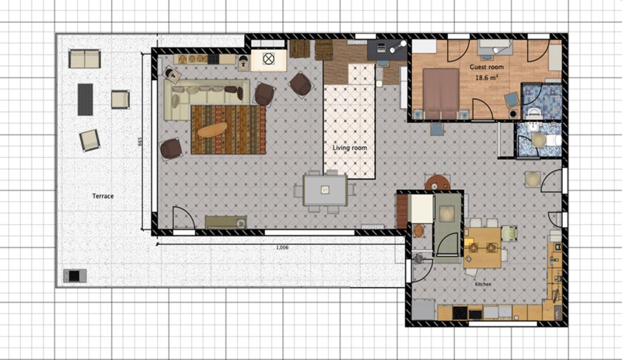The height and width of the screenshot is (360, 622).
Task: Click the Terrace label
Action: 103,196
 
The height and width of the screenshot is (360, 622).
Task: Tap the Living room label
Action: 349,148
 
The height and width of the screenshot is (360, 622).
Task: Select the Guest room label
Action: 487,67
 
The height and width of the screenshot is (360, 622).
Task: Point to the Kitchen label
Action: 483,284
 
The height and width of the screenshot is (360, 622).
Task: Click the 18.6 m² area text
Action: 487,78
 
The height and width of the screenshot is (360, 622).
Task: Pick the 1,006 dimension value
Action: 282,248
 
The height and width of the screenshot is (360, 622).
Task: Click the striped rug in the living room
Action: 228,130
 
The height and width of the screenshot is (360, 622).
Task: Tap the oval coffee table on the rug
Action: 212,130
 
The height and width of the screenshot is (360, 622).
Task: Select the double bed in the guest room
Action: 441,93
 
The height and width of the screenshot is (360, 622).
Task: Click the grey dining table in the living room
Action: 325,190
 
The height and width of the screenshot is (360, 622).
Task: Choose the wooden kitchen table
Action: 482,248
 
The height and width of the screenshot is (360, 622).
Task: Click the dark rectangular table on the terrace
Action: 85,100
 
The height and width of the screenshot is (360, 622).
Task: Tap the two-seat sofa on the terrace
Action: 85,59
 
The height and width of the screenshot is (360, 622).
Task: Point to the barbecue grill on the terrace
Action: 75,275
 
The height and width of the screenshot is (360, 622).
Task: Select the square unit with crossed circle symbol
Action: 268,60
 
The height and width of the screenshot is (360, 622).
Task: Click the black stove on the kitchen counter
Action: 460,313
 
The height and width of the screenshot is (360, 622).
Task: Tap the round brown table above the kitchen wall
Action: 437,183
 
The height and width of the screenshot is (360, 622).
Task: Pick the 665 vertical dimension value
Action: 140,142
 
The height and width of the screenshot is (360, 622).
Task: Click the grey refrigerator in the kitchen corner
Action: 423,309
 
